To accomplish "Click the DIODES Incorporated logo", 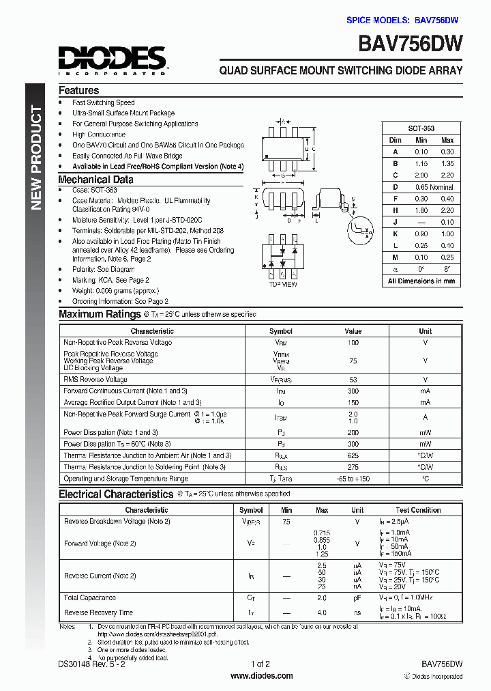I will [x=112, y=59].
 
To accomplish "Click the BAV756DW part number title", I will [x=411, y=45].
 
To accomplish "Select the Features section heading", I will [x=78, y=90].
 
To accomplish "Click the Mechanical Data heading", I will [x=95, y=180].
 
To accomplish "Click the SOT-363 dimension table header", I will [x=421, y=128].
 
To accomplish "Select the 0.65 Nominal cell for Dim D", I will [x=431, y=186].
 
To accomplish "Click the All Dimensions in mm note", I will [x=421, y=281].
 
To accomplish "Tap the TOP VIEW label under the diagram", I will [x=283, y=284].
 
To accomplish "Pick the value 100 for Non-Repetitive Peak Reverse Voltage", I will [x=353, y=342].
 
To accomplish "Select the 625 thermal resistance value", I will [x=353, y=455].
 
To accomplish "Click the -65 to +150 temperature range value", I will [x=353, y=479].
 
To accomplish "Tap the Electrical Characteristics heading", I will [x=115, y=494].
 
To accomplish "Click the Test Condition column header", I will [x=418, y=510].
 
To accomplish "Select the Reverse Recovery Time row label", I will [x=98, y=612].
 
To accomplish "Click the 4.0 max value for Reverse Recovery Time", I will [x=322, y=612].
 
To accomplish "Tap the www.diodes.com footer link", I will [x=262, y=676].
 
